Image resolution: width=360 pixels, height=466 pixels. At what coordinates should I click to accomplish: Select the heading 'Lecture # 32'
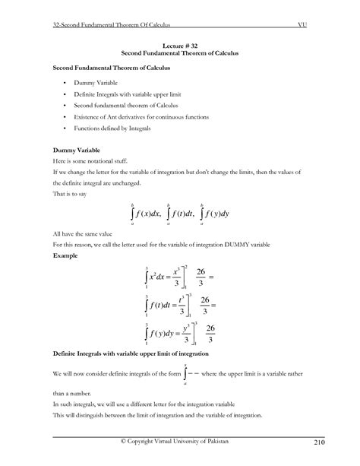click(179, 46)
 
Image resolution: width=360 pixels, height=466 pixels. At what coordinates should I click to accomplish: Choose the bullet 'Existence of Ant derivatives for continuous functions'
click(141, 117)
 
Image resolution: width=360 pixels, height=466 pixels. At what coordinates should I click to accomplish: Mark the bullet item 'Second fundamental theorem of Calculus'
click(116, 105)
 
